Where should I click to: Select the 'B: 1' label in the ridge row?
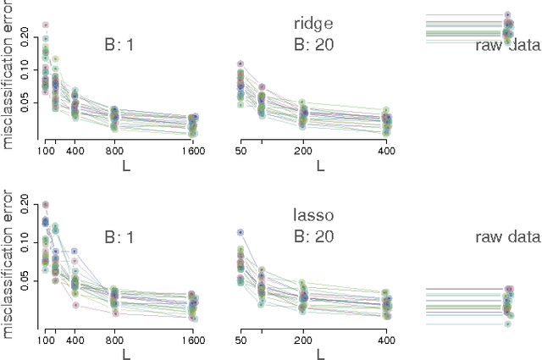pos(119,45)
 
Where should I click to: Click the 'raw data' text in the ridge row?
pos(507,45)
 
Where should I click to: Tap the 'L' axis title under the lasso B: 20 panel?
pos(320,356)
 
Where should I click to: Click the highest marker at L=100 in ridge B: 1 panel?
pos(46,25)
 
